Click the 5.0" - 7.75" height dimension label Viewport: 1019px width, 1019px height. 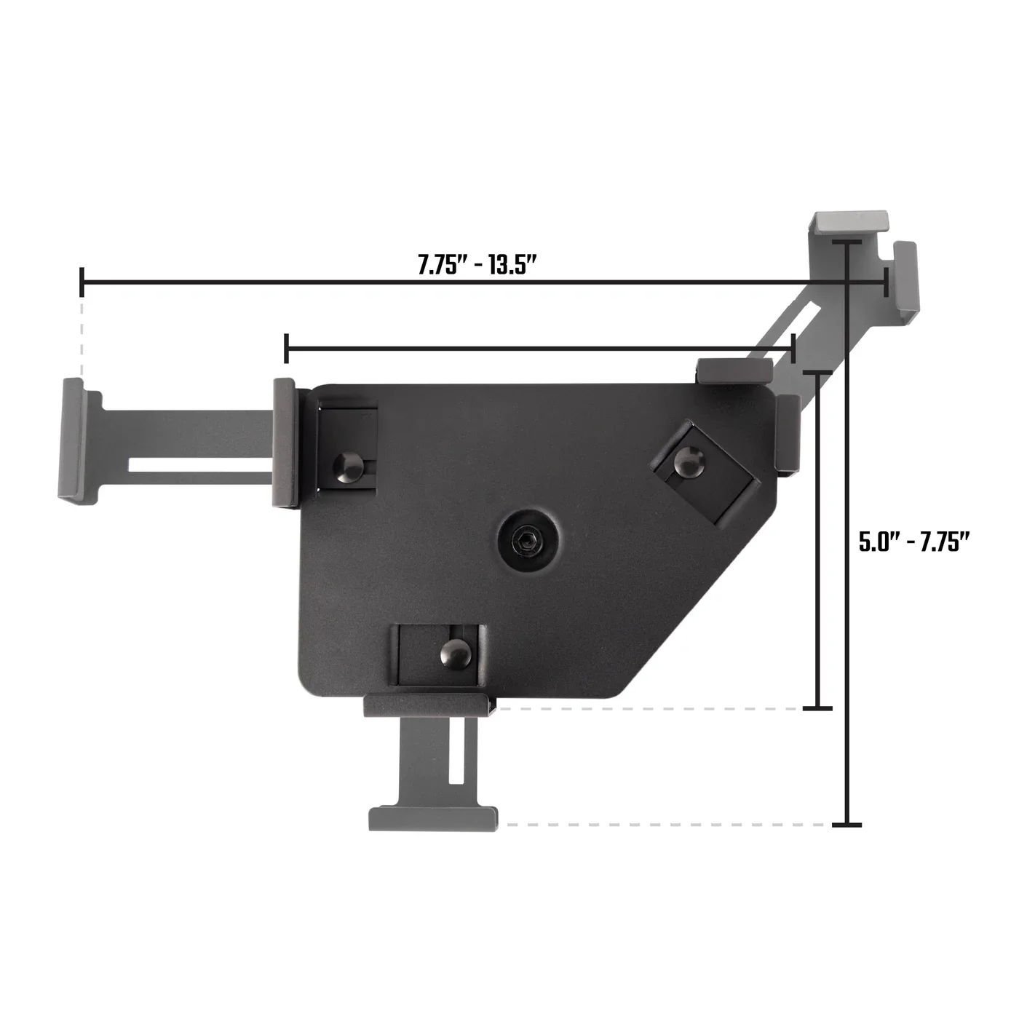[915, 542]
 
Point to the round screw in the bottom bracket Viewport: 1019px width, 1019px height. [456, 652]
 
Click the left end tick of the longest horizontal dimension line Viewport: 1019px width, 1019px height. [82, 281]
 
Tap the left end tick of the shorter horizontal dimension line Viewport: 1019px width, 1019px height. [288, 348]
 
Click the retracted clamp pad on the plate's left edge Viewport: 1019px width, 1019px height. [285, 442]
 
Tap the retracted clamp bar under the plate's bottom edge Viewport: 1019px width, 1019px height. [426, 705]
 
